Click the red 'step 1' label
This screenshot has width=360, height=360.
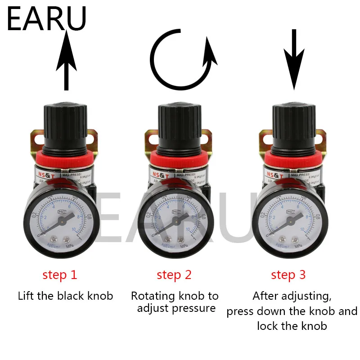(60, 275)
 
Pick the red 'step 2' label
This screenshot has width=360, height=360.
(174, 275)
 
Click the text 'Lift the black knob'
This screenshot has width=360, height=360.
(65, 296)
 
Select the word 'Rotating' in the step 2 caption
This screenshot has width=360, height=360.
(152, 296)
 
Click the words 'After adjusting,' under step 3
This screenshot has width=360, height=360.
(292, 296)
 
